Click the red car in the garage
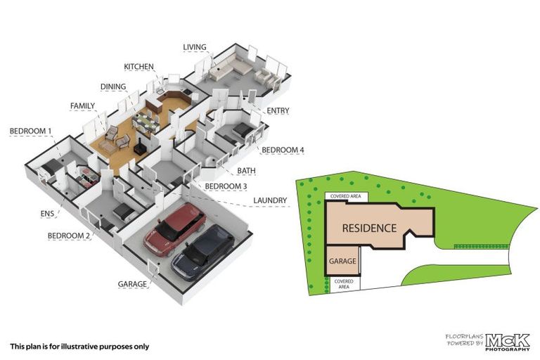174,229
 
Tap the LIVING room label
195,48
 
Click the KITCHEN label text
139,67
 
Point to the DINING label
113,87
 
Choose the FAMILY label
82,106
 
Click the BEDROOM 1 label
30,131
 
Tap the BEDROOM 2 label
69,236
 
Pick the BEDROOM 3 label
226,186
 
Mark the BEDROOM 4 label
283,150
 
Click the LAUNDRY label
270,201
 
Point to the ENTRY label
278,111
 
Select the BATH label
246,170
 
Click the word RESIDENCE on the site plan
370,229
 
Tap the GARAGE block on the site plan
342,261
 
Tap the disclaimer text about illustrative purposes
79,346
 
